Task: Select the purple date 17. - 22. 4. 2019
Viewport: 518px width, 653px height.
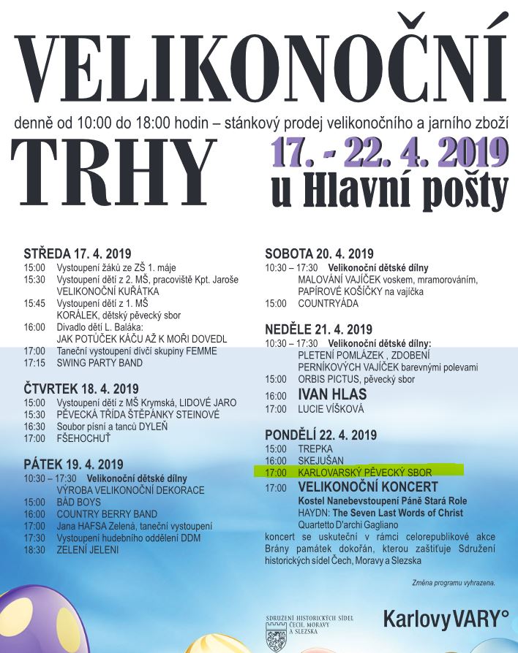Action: coord(389,153)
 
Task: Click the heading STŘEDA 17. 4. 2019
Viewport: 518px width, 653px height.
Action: coord(78,254)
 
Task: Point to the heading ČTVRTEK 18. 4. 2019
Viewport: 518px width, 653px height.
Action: coord(80,389)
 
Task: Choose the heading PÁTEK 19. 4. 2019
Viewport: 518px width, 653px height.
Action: coord(73,464)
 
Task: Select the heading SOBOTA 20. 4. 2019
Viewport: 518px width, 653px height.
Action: coord(319,254)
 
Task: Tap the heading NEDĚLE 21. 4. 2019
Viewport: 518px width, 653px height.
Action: coord(318,329)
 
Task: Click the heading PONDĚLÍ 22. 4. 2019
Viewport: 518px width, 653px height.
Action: coord(321,435)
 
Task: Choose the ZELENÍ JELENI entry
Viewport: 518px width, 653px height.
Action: coord(87,549)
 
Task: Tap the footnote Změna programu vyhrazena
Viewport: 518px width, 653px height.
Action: coord(454,582)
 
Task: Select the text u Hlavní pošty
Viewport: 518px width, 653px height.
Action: coord(389,191)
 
